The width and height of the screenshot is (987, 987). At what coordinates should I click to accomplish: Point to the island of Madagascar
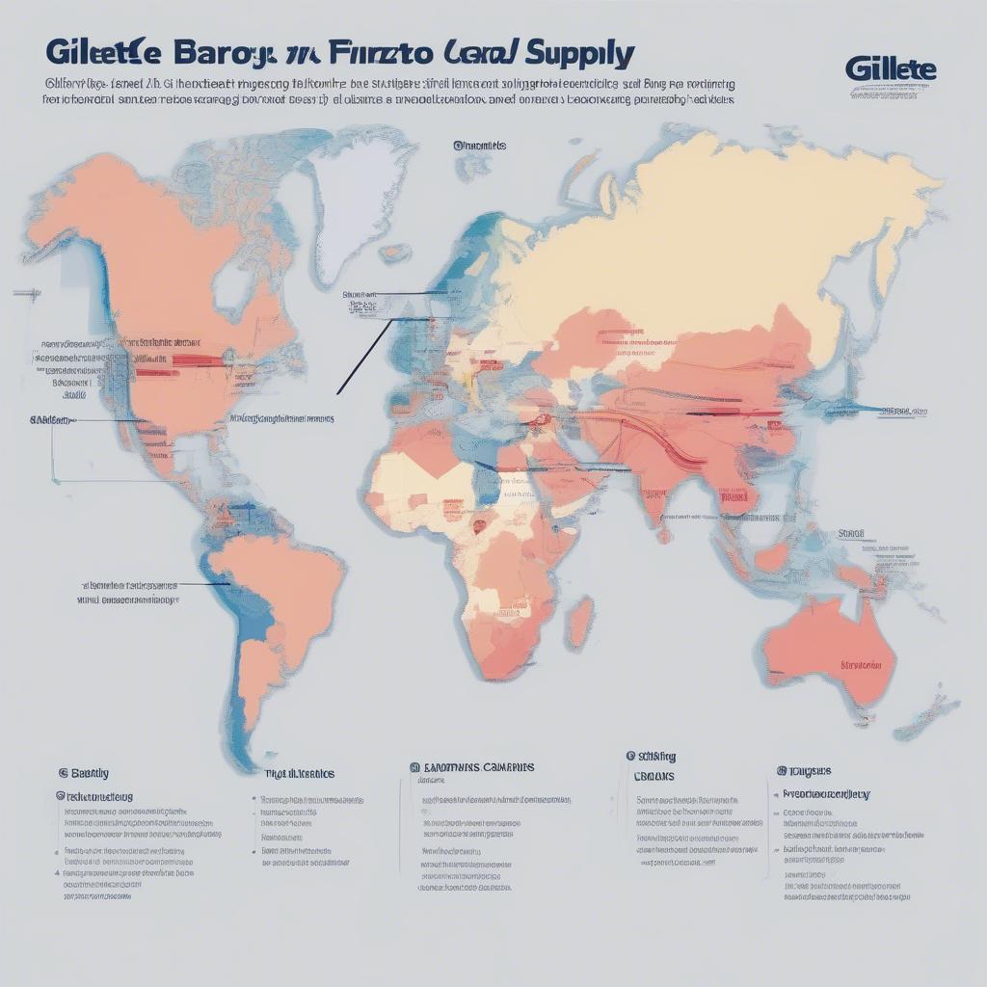tap(579, 622)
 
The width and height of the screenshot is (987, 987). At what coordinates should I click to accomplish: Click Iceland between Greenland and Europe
tap(394, 253)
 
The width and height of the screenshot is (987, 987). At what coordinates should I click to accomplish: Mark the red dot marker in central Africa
tap(478, 526)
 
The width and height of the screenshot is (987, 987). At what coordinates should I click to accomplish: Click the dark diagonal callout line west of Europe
tap(364, 358)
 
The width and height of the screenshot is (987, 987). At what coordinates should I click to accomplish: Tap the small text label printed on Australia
tap(860, 665)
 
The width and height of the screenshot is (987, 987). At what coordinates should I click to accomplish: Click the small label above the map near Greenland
tap(479, 146)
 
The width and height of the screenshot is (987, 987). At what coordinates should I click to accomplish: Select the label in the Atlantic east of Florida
tap(281, 419)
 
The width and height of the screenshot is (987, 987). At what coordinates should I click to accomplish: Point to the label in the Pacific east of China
tap(895, 411)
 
